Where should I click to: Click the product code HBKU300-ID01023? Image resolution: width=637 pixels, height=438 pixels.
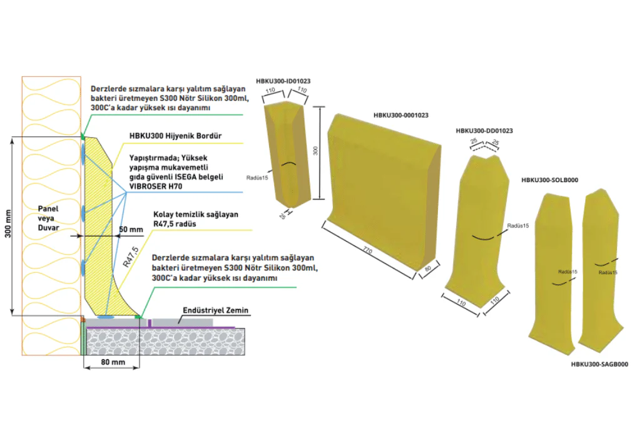click(283, 81)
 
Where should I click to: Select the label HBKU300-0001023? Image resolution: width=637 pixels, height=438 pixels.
click(401, 115)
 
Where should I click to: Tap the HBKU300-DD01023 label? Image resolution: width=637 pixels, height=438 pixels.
click(484, 131)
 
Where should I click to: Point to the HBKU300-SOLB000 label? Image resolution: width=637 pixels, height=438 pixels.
click(549, 180)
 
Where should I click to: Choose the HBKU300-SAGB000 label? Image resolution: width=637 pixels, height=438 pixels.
click(599, 364)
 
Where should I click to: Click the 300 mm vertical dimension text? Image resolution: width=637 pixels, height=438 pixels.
click(8, 224)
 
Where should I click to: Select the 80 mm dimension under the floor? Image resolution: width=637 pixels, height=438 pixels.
click(113, 362)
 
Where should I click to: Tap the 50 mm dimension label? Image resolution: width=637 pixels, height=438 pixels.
click(131, 230)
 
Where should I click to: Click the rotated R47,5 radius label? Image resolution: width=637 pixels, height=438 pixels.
click(131, 257)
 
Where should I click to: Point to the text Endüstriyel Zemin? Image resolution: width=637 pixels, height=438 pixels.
click(215, 310)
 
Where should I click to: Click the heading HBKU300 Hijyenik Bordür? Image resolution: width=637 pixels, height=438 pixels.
click(175, 136)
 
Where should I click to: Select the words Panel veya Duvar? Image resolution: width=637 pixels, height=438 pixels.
click(48, 218)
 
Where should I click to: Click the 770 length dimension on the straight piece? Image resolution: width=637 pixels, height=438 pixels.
click(367, 252)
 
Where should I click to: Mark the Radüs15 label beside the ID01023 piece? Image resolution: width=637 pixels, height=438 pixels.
click(257, 178)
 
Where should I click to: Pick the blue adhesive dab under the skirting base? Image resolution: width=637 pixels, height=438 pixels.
click(105, 316)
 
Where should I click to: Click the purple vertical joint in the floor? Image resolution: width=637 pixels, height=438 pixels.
click(150, 323)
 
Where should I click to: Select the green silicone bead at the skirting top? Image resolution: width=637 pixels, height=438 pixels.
click(83, 136)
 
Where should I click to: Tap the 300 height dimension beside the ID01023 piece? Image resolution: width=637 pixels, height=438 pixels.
click(315, 151)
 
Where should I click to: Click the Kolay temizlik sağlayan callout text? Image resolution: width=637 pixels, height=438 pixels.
click(196, 215)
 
